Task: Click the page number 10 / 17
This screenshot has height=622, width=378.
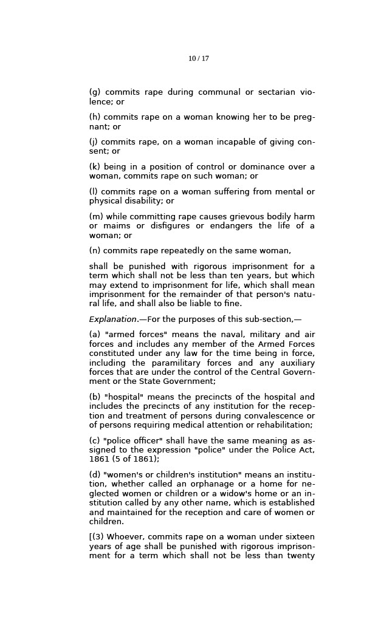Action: (198, 59)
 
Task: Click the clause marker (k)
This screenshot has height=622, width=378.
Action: (95, 167)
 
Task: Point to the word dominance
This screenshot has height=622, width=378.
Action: (263, 167)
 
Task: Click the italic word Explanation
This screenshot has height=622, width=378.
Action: (113, 320)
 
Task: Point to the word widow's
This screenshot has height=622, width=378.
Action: (232, 494)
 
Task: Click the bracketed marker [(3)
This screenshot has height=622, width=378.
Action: (96, 537)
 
